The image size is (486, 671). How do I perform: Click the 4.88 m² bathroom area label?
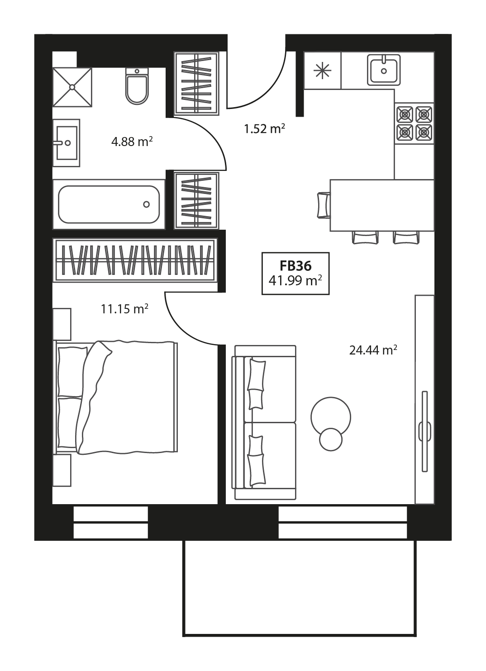(x=132, y=142)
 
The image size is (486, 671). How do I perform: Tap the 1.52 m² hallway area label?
(x=264, y=129)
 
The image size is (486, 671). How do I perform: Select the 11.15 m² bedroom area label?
(x=125, y=309)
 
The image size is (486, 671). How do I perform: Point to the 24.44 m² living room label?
(x=373, y=350)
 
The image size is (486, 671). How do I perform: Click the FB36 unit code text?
(x=295, y=266)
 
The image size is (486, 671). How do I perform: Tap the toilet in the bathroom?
(x=137, y=86)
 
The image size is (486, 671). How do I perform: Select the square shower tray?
(x=72, y=87)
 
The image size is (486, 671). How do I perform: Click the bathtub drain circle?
(x=146, y=204)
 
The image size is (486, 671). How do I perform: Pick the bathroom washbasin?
(x=66, y=143)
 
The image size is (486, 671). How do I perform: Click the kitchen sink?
(x=384, y=70)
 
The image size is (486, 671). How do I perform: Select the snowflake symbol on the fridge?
(x=322, y=71)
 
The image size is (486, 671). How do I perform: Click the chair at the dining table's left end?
(x=324, y=205)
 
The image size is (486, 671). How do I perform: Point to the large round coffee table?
(x=331, y=417)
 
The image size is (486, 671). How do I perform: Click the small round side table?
(x=331, y=440)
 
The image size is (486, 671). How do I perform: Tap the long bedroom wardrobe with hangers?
(x=134, y=260)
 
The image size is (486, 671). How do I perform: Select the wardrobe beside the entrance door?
(x=196, y=83)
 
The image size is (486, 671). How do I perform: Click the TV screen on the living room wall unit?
(x=424, y=431)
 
